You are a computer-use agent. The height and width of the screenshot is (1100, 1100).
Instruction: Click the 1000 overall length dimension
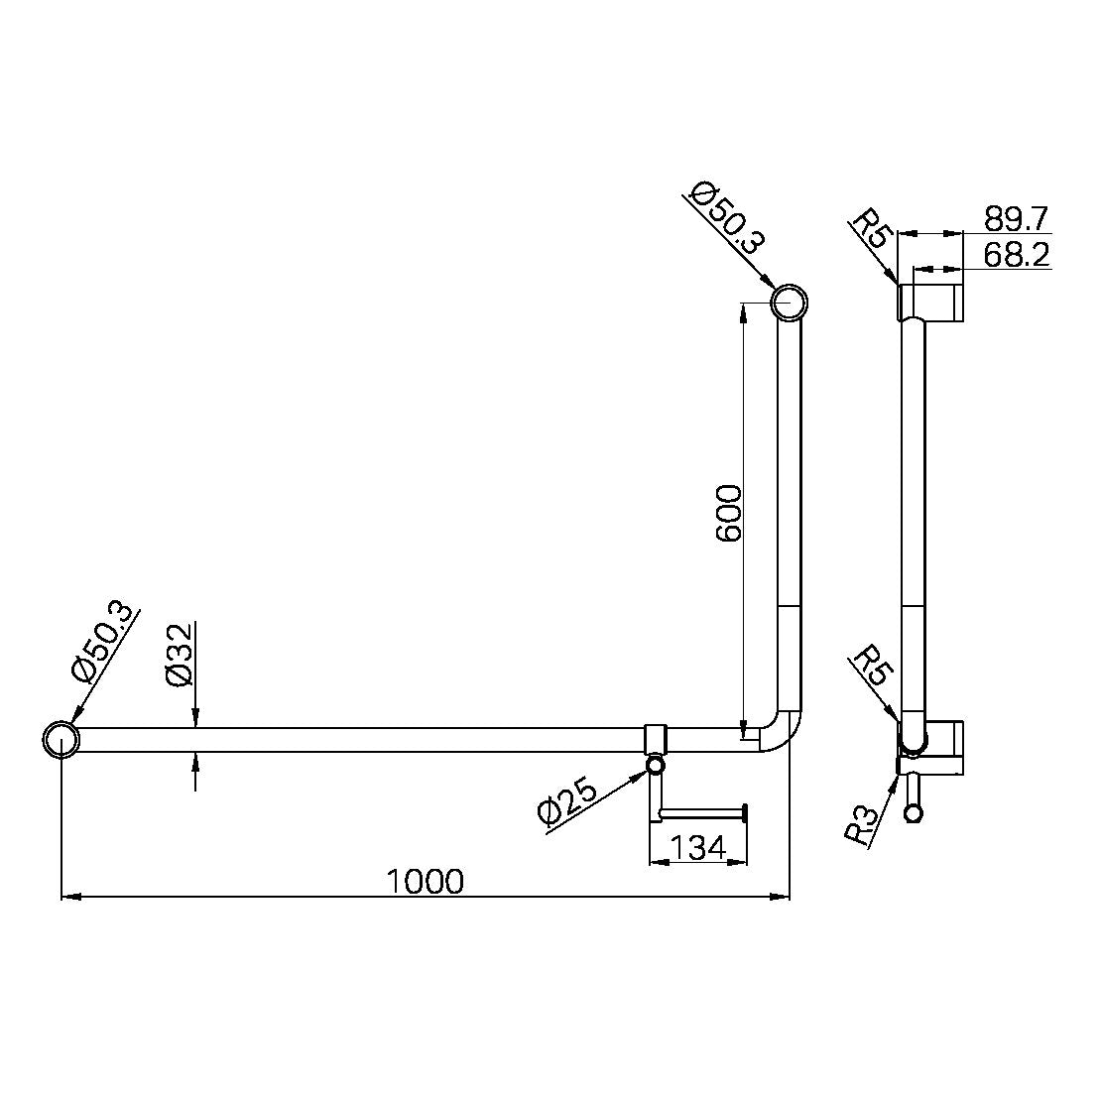(425, 880)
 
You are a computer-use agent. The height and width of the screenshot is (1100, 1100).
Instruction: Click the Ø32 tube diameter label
(179, 655)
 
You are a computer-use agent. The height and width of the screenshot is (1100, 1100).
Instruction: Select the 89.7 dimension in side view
(1017, 218)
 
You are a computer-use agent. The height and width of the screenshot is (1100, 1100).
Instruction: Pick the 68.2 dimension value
(1017, 255)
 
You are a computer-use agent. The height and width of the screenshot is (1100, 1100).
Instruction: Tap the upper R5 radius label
(872, 229)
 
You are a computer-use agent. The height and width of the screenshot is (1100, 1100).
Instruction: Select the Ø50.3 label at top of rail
(727, 218)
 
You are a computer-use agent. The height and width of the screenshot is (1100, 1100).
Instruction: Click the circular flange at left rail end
(61, 740)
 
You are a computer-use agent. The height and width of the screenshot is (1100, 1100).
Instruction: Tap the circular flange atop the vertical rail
(789, 303)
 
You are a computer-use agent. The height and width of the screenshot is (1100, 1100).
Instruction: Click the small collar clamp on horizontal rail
(656, 739)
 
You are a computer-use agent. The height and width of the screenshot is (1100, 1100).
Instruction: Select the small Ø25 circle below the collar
(656, 766)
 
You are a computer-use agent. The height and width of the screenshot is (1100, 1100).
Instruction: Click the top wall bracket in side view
(931, 302)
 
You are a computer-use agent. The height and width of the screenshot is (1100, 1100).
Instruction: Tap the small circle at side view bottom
(914, 814)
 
